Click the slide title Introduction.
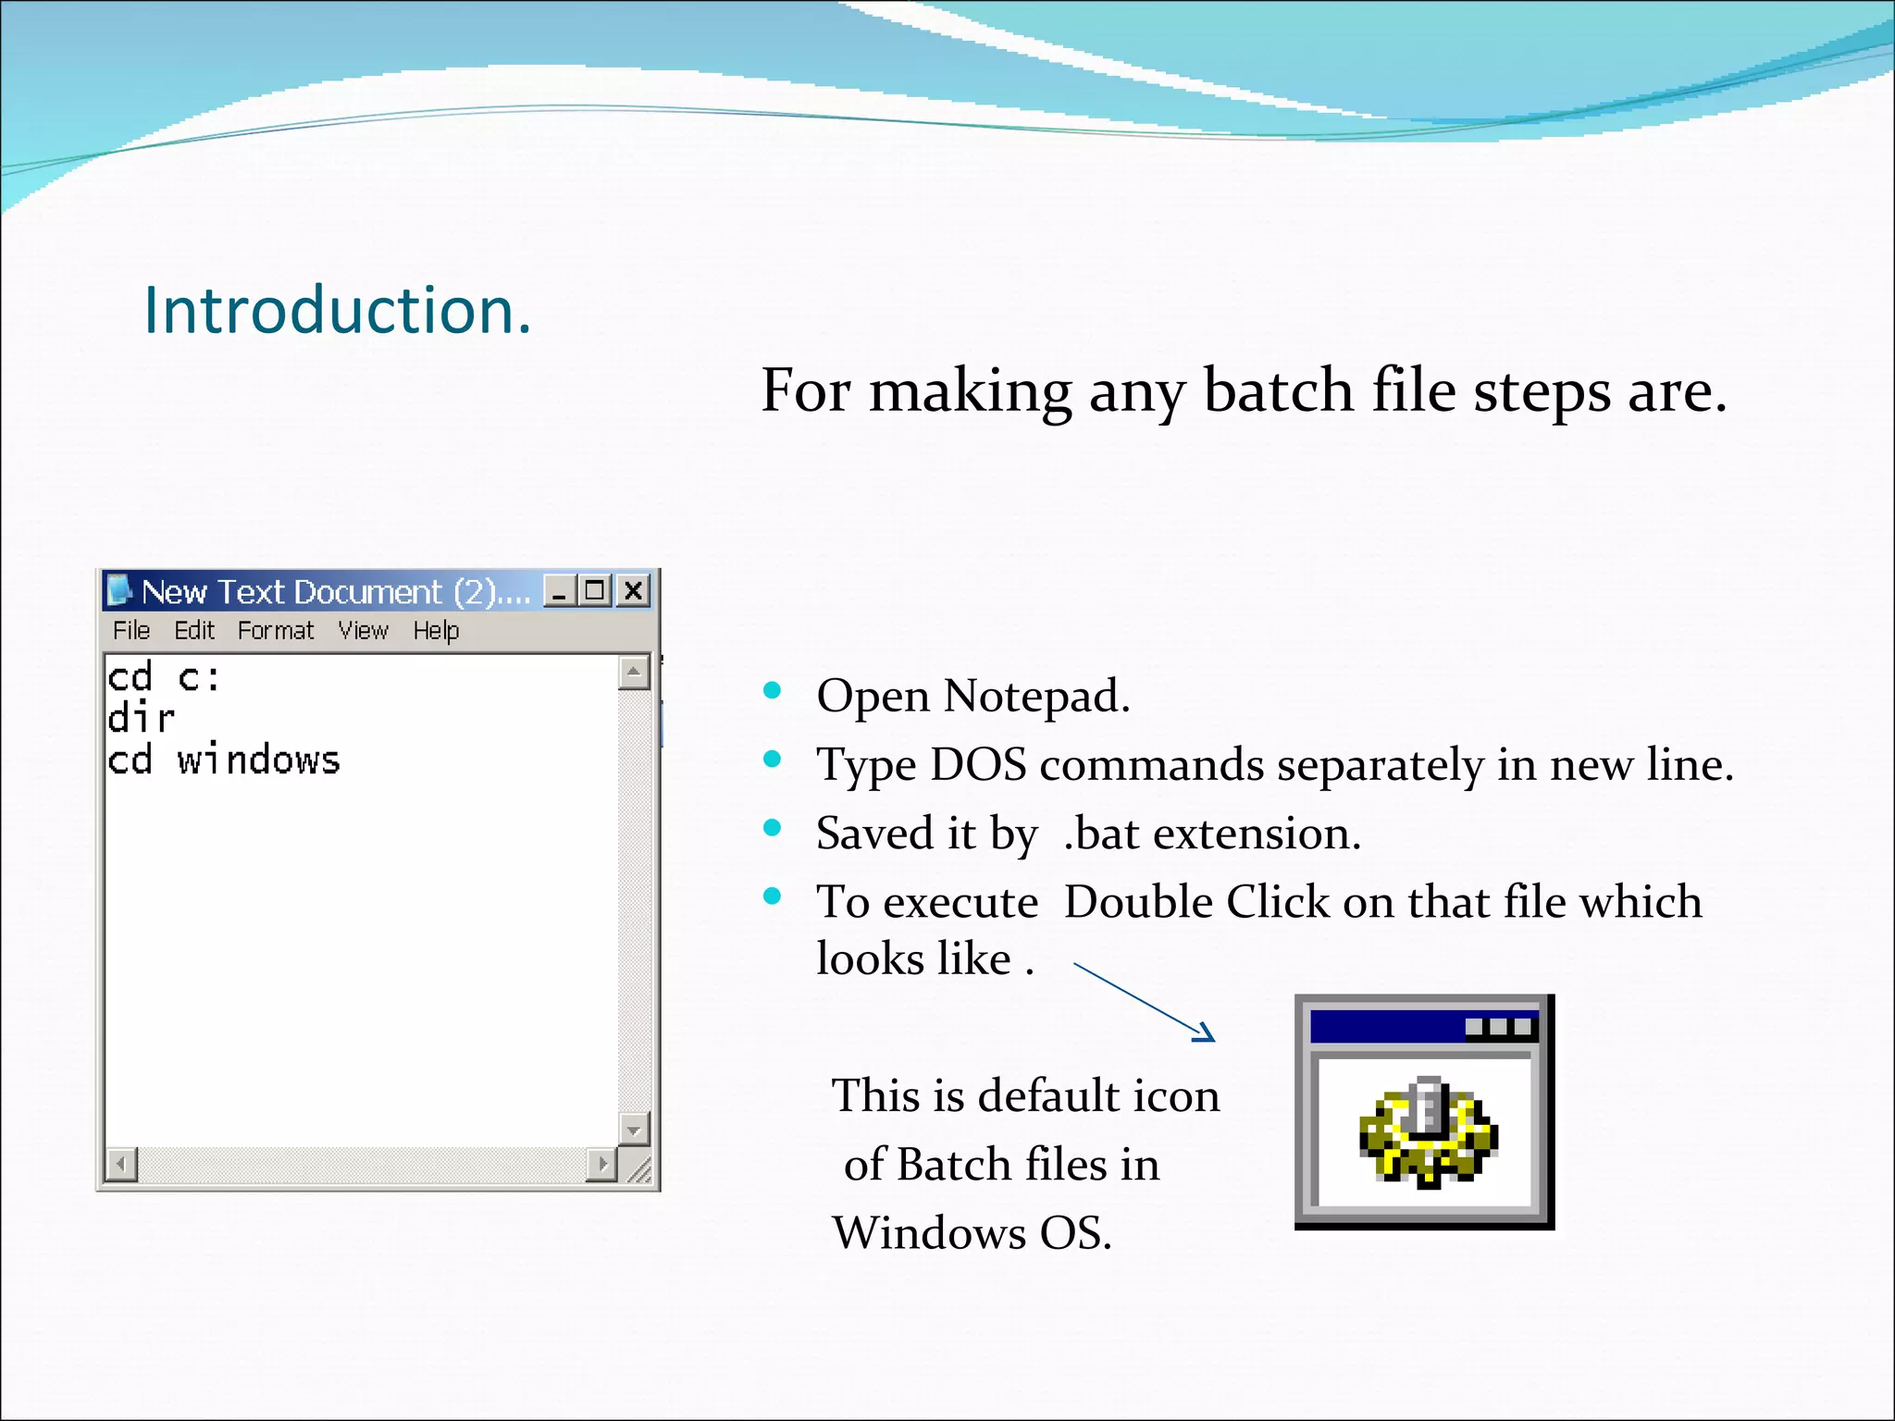pos(338,310)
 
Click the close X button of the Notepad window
pos(634,590)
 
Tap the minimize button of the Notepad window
pos(559,590)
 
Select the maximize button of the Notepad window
pos(596,590)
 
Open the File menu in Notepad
pos(131,631)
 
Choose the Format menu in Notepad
pos(276,631)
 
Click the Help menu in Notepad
pos(436,631)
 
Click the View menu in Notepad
pos(363,631)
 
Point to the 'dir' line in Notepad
pos(141,719)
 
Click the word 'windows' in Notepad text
pos(259,760)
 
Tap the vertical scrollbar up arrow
pos(634,672)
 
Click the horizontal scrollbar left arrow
pos(121,1163)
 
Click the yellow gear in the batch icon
pos(1428,1133)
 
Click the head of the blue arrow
pos(1205,1034)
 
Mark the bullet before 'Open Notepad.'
pos(773,690)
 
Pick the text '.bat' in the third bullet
pos(1101,834)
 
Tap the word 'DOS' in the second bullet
pos(978,765)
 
